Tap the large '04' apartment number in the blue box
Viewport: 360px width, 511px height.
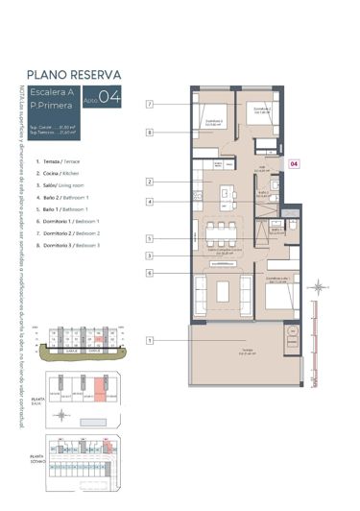coord(110,96)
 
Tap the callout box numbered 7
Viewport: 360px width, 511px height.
coord(151,103)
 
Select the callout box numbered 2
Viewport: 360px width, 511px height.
coord(151,182)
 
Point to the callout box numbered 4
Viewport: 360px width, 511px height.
coord(151,202)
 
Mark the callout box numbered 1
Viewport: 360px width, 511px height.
coord(151,340)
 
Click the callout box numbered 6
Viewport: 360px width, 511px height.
coord(151,274)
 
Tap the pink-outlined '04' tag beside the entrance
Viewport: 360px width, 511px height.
coord(296,164)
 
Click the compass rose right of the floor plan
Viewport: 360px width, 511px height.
coord(319,286)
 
